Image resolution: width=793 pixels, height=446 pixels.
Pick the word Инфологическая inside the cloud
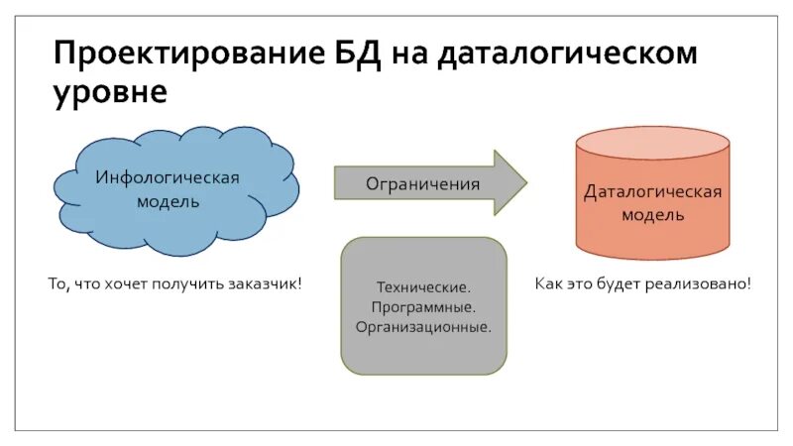168,177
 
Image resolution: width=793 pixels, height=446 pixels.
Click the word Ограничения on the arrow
423,184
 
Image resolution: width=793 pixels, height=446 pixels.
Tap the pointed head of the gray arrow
510,183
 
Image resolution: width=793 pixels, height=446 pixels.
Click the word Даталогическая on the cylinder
652,192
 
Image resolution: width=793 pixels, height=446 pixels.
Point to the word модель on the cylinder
652,214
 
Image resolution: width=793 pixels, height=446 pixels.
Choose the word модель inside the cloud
168,201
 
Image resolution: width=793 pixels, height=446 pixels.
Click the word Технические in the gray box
423,288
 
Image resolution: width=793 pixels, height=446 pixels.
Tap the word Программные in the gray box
423,307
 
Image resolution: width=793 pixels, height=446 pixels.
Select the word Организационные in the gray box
423,326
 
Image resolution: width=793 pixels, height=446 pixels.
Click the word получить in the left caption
188,284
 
